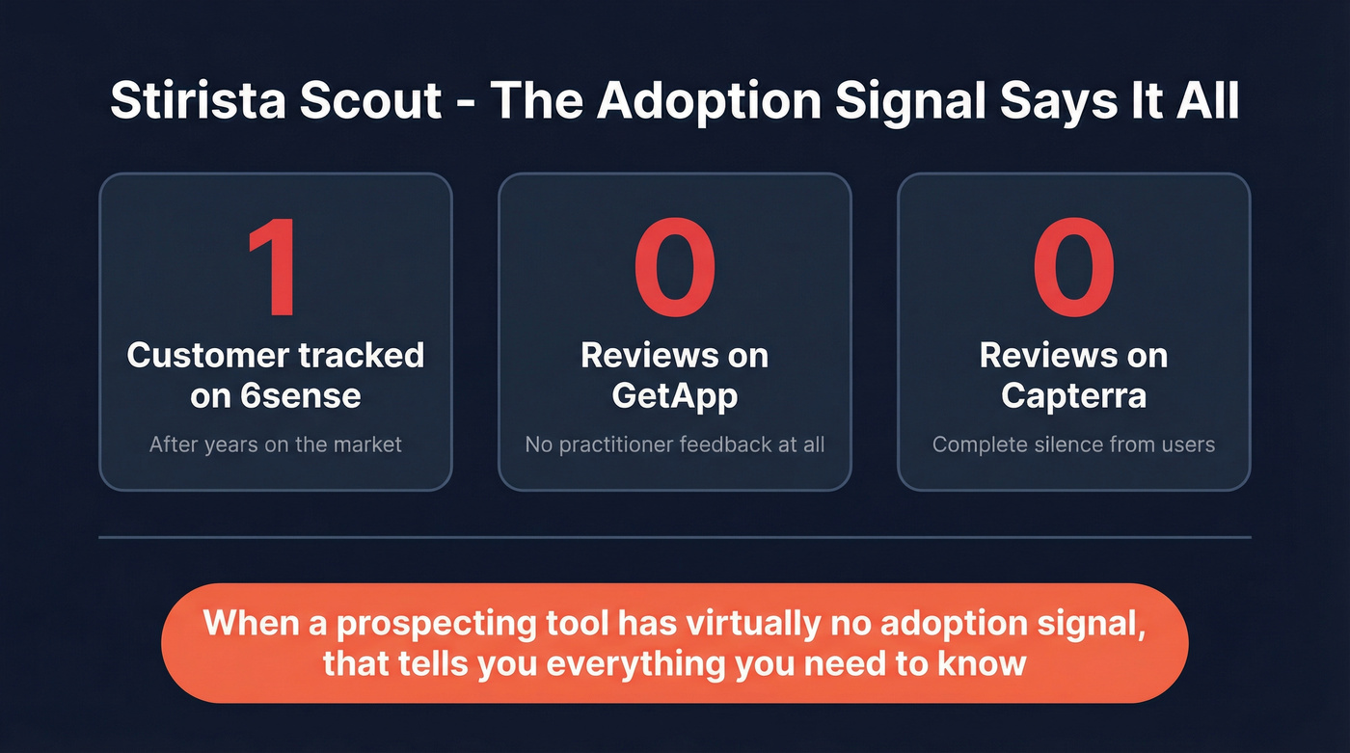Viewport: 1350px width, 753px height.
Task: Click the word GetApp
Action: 674,395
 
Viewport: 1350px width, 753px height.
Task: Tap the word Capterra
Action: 1073,395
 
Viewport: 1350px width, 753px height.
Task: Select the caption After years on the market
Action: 275,444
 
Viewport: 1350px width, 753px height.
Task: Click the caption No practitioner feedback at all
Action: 674,444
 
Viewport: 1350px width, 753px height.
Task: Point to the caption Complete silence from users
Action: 1073,444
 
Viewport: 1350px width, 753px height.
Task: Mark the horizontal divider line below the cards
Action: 674,537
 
